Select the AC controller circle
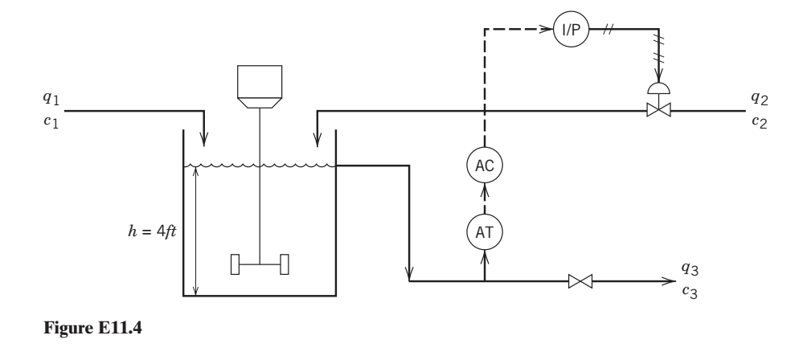coord(484,166)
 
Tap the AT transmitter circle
coord(484,231)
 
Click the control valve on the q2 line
coord(659,111)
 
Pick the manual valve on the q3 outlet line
coord(580,281)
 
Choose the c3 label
coord(690,292)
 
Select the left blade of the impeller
coord(236,264)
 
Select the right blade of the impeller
coord(284,264)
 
